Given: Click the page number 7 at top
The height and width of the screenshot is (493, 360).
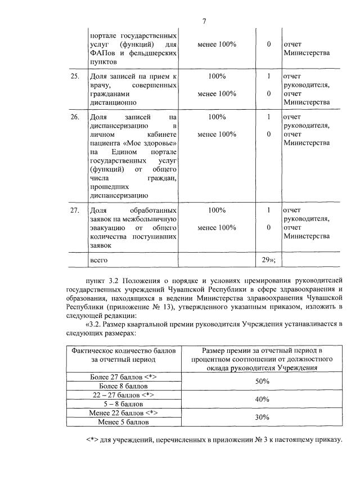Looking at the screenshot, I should [x=205, y=21].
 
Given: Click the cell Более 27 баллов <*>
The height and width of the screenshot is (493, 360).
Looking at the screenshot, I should [x=123, y=377].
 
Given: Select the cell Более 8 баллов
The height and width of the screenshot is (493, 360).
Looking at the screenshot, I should [x=123, y=386].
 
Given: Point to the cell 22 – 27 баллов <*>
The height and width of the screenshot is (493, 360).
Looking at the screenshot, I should [x=123, y=395].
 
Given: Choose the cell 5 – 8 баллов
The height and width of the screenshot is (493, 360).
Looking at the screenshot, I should [x=123, y=404].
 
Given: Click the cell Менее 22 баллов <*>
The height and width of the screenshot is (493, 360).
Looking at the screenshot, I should [x=123, y=413].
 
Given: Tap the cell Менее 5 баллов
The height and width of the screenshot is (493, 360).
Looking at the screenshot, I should [x=123, y=422].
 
